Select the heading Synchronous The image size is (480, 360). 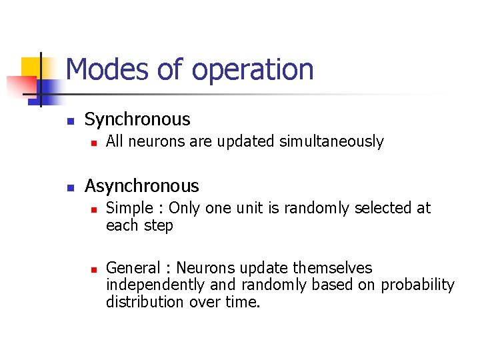(137, 119)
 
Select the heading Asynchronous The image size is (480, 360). (141, 185)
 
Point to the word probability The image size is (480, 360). (417, 285)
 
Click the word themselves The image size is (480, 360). (333, 268)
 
